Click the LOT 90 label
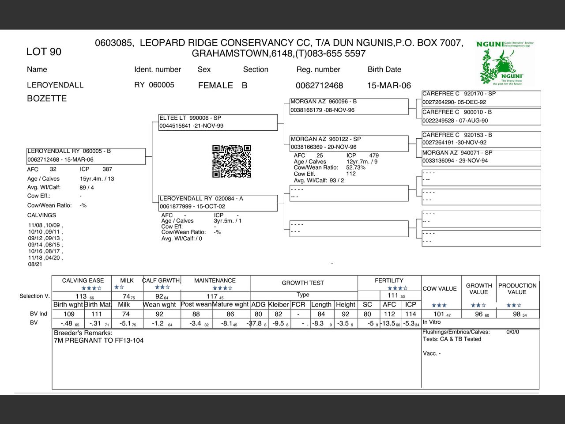44,52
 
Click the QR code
232,161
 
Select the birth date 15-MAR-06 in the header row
389,86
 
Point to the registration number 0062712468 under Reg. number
319,86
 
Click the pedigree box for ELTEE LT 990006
218,122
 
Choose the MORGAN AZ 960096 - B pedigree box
349,106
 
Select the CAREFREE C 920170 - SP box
481,98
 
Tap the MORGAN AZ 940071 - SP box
481,157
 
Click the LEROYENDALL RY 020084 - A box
218,203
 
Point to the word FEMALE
215,86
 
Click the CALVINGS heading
41,216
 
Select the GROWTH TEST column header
303,283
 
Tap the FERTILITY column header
389,280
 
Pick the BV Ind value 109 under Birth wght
69,314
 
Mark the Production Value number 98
517,314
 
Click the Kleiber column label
279,304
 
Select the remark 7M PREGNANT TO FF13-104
98,341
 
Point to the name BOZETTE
47,98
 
